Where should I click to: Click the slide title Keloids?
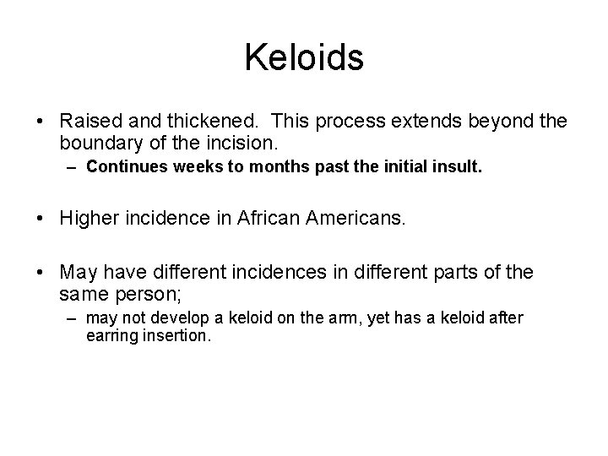304,58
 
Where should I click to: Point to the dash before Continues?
71,167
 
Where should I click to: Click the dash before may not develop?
71,318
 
